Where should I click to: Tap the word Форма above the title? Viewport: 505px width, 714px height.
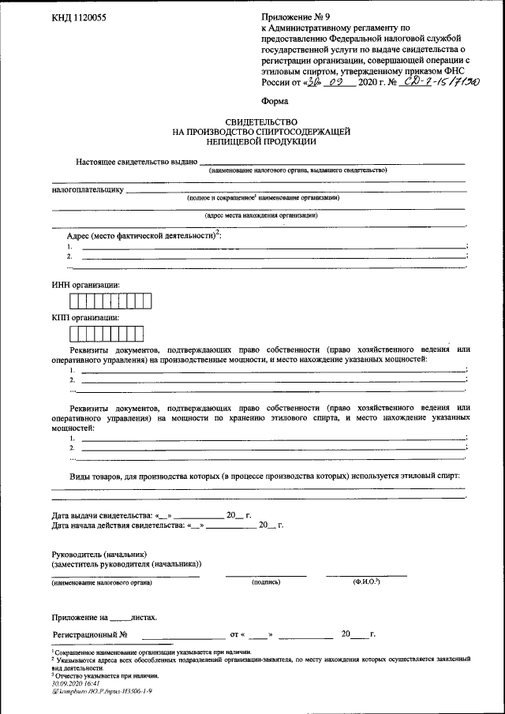(275, 101)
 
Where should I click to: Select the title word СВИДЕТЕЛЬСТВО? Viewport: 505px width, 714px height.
(261, 122)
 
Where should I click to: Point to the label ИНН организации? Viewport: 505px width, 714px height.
(86, 285)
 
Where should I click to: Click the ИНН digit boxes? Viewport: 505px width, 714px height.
(110, 301)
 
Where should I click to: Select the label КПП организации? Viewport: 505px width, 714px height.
(85, 318)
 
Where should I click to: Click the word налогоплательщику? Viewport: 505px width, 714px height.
(88, 189)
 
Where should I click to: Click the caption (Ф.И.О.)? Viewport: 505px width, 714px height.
(366, 581)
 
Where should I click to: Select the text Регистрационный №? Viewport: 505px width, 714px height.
(90, 634)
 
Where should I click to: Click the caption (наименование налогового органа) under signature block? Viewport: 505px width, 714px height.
(103, 582)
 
